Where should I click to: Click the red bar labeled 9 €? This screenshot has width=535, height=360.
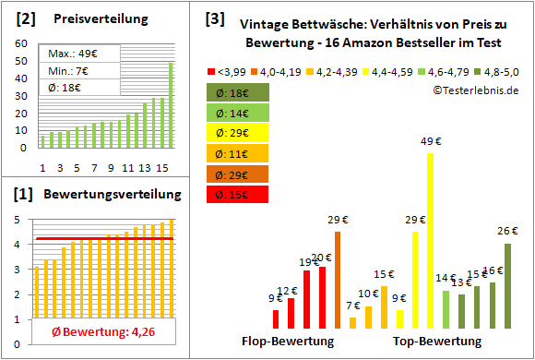click(x=275, y=318)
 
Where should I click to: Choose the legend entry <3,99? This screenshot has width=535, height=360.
click(x=231, y=70)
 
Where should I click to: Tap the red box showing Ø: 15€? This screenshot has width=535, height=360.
click(x=238, y=194)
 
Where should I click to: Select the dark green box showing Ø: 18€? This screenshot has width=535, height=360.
click(x=238, y=92)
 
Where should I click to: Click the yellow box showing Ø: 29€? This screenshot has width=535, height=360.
click(x=238, y=133)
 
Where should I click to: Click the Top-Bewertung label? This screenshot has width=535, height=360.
click(x=437, y=341)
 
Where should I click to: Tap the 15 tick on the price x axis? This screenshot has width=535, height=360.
click(x=162, y=167)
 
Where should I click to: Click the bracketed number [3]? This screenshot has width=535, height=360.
click(x=215, y=18)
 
